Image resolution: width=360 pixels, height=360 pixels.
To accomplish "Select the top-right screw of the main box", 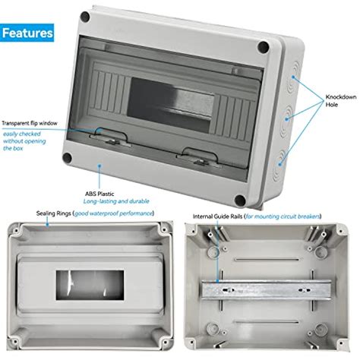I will pos(263,47).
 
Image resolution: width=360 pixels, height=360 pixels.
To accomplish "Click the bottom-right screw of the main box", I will pos(240,201).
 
